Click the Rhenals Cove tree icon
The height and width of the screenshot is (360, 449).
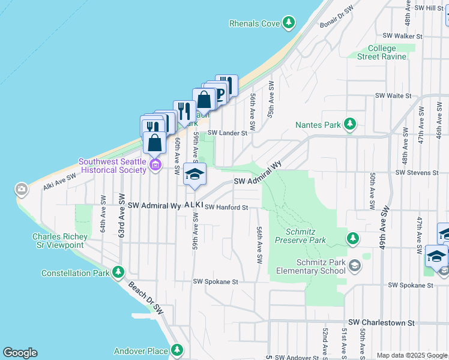(x=289, y=23)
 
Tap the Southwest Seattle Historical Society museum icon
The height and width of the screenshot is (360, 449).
(x=155, y=165)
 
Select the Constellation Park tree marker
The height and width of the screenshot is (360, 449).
(x=118, y=273)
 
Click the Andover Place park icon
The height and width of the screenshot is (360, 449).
(x=176, y=349)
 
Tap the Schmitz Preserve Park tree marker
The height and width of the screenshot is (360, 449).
(x=353, y=239)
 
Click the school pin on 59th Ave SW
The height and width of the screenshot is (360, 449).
(x=194, y=175)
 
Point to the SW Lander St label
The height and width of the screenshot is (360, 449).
(x=228, y=133)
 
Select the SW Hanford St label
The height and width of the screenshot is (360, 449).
(x=226, y=208)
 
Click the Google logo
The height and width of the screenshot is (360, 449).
(x=20, y=353)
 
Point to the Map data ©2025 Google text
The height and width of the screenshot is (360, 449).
(x=412, y=356)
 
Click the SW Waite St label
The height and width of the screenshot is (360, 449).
(x=393, y=95)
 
